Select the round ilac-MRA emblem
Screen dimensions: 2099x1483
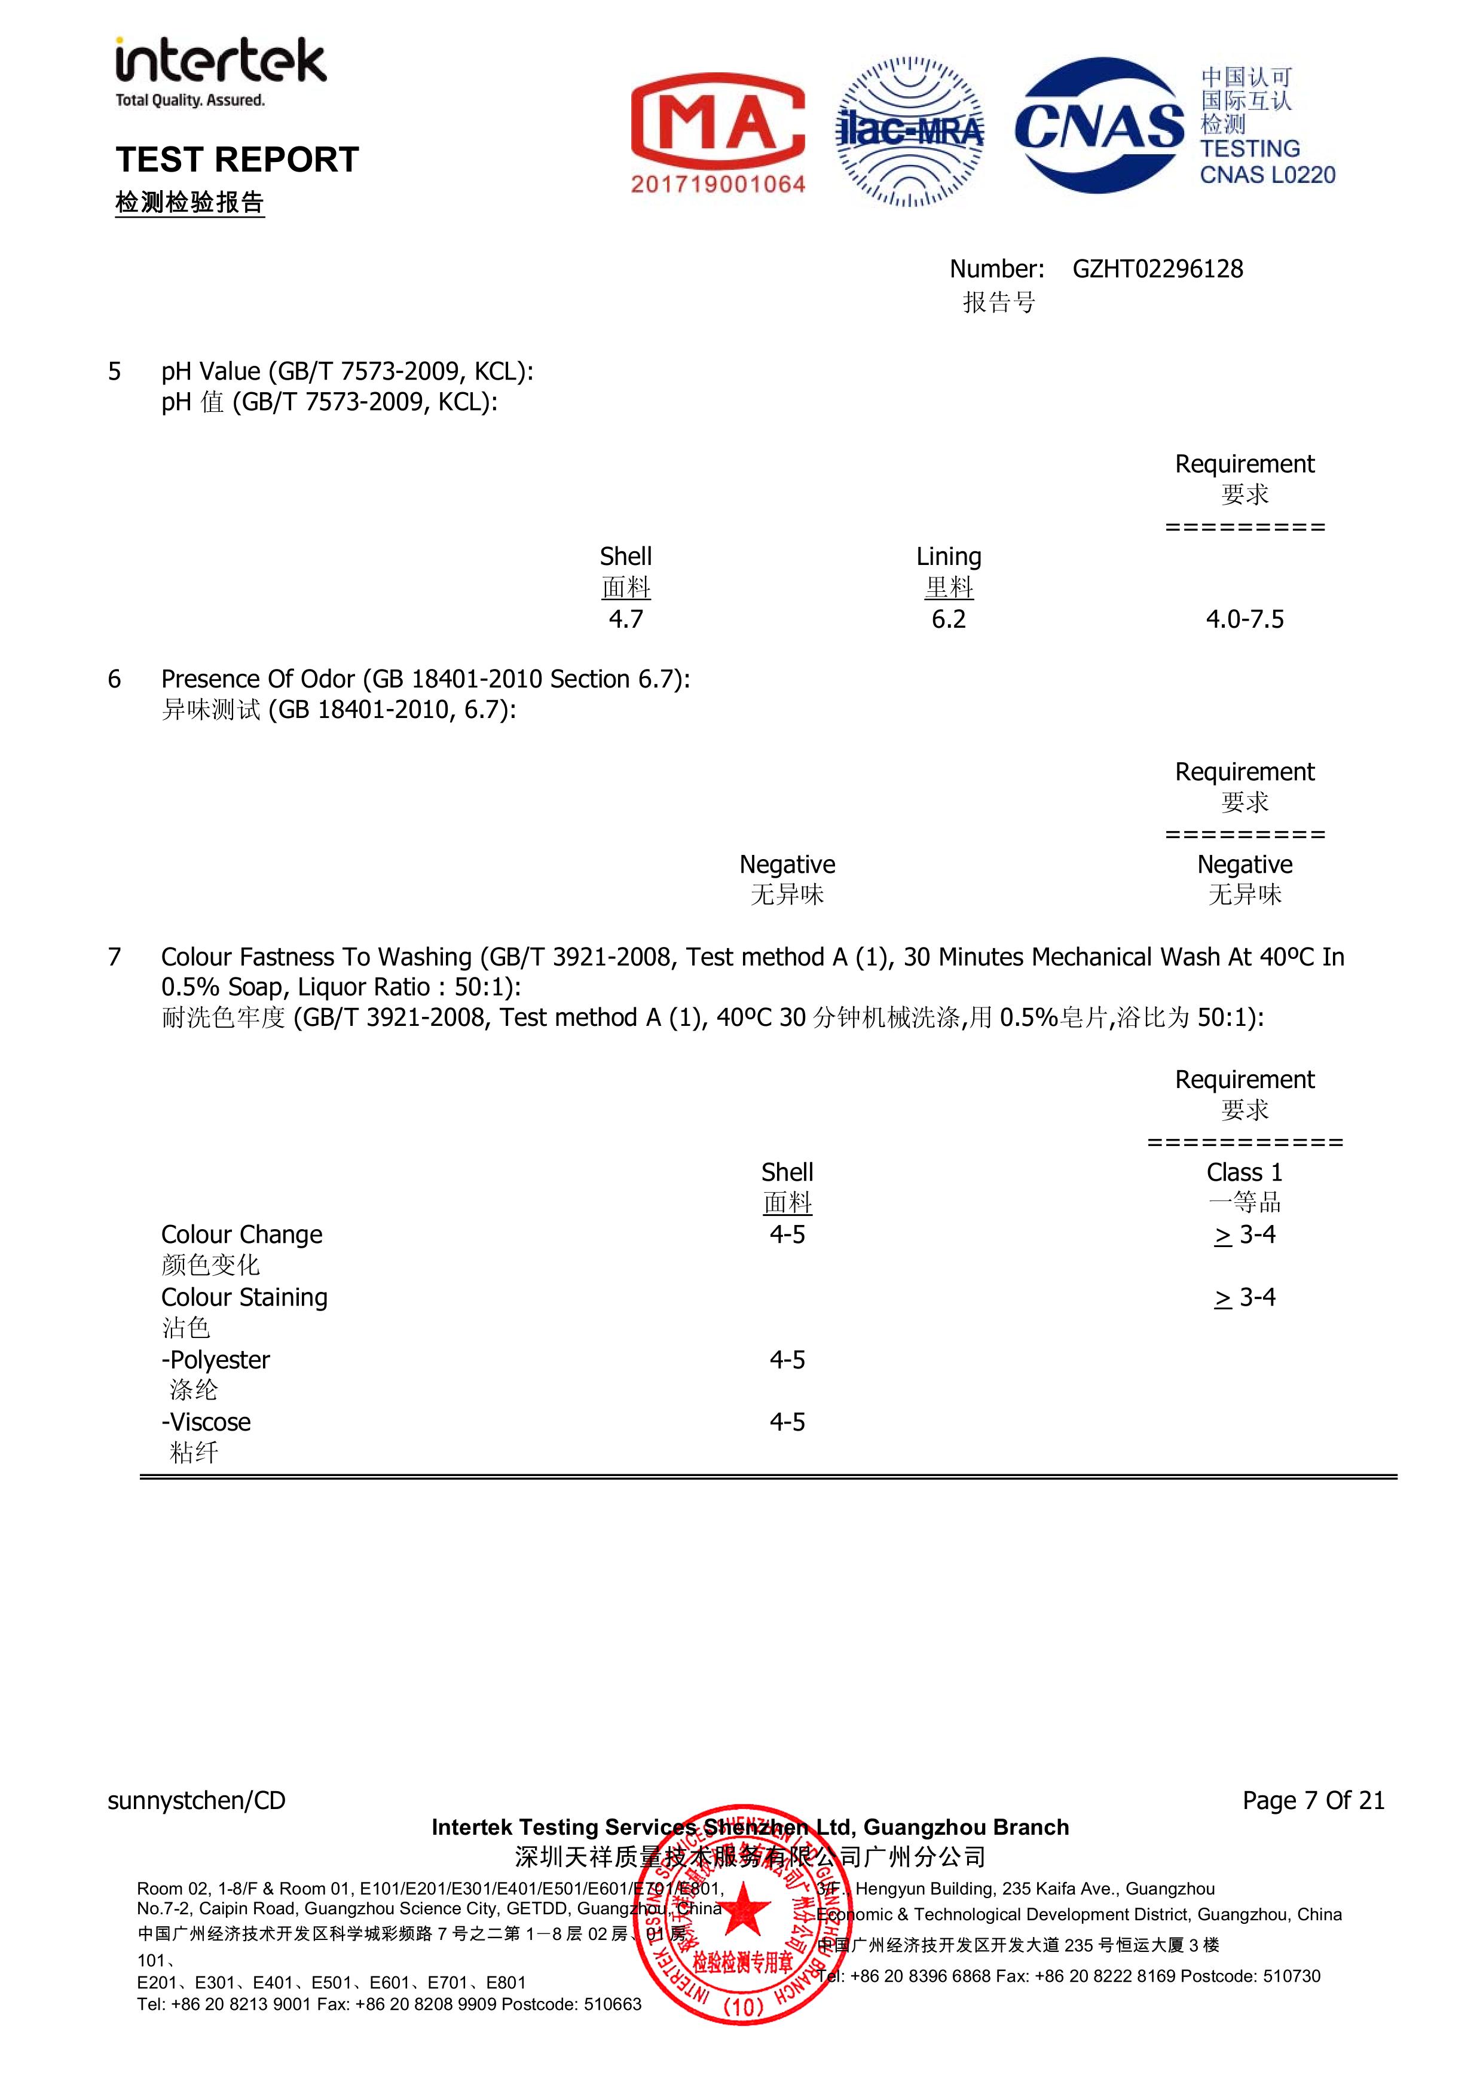(910, 132)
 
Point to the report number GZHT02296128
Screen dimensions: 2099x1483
(1157, 269)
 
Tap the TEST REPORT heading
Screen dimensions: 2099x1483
(237, 160)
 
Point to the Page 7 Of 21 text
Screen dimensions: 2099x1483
(1313, 1800)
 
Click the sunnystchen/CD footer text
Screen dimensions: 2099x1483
(197, 1800)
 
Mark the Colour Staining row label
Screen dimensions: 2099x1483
(244, 1297)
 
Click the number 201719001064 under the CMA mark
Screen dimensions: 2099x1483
(718, 184)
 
